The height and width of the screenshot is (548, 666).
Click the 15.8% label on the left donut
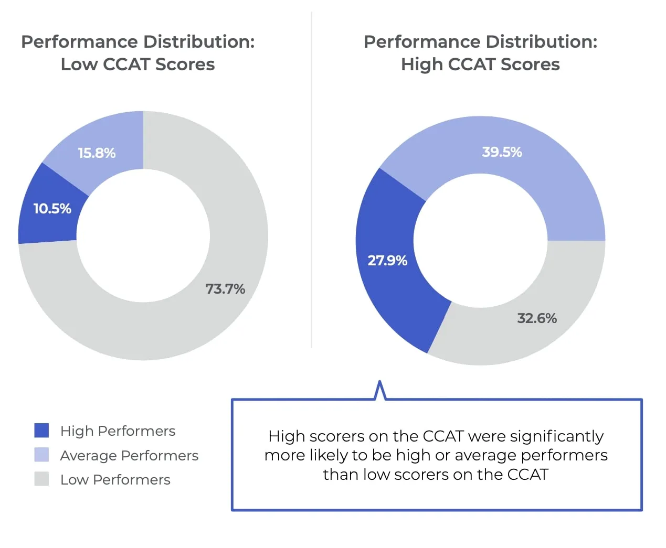coord(97,153)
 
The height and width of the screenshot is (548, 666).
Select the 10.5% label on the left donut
coord(52,209)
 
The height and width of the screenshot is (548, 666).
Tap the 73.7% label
coord(225,289)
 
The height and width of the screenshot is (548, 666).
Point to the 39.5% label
coord(502,152)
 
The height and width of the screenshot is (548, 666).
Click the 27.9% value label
coord(387,261)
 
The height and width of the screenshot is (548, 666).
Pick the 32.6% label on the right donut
coord(536,318)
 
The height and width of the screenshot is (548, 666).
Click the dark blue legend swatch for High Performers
coord(41,431)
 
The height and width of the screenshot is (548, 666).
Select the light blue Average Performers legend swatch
coord(41,455)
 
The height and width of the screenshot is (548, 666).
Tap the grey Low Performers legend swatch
coord(41,479)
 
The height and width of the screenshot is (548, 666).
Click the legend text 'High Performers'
coord(118,431)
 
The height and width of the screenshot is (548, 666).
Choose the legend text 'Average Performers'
coord(129,455)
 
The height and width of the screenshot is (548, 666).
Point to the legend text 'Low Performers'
coord(115,479)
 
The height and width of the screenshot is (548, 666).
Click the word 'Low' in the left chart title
coord(79,65)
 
